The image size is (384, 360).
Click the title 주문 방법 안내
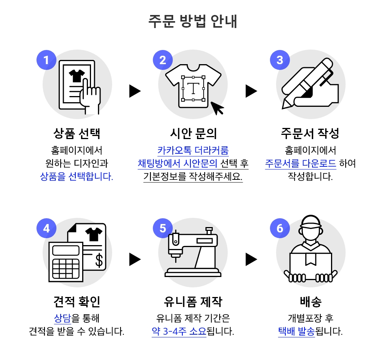(x=192, y=21)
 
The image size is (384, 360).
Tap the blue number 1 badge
(x=46, y=60)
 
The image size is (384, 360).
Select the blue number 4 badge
(x=46, y=228)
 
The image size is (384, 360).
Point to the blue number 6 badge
(x=280, y=228)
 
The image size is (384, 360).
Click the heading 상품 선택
(x=77, y=133)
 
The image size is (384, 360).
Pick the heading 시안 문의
(x=194, y=133)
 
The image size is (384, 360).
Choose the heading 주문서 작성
(x=310, y=133)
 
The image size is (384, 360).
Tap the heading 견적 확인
(x=77, y=302)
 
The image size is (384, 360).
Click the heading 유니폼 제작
(x=193, y=302)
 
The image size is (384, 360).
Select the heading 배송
(x=311, y=302)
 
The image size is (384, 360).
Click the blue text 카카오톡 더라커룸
(x=193, y=150)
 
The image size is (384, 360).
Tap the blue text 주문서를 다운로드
(x=301, y=163)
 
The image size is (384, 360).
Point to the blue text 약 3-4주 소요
(x=179, y=331)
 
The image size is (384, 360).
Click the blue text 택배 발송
(x=296, y=331)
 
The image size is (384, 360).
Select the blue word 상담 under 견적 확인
(x=62, y=318)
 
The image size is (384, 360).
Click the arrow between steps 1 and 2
(x=135, y=91)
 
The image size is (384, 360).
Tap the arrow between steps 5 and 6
(x=251, y=259)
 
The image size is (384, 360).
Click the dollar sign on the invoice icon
(x=99, y=260)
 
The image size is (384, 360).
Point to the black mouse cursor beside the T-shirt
(x=217, y=108)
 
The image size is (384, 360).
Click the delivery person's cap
(x=311, y=222)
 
